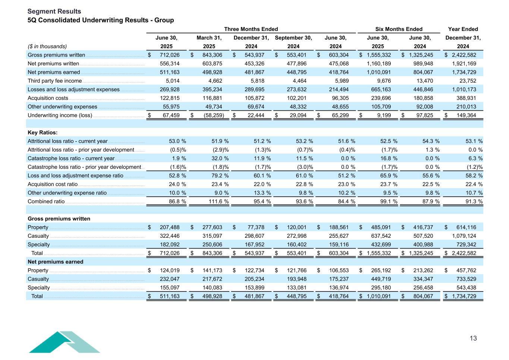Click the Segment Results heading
coord(54,11)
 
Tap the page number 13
coord(473,338)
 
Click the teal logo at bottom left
coord(64,342)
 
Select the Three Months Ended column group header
coord(251,29)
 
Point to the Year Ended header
coord(463,29)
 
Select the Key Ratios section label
coord(43,133)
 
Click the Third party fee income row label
coord(54,81)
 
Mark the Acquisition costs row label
coord(48,98)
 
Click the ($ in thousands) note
coord(47,47)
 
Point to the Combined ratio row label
coord(46,202)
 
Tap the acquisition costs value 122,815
coord(169,98)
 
